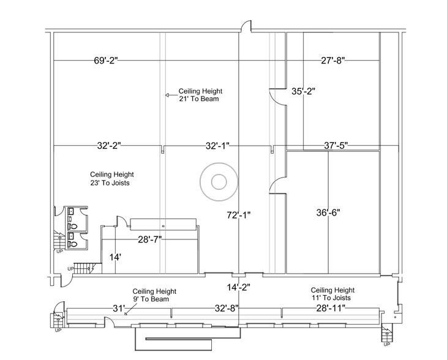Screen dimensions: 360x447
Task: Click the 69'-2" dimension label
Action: (x=105, y=60)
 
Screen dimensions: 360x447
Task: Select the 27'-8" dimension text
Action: (x=333, y=60)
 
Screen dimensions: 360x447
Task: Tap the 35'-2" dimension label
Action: (x=302, y=92)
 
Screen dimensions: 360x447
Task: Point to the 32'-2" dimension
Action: (x=109, y=146)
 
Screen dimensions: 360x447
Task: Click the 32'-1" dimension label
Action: (x=217, y=146)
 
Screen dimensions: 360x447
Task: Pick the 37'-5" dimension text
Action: (x=336, y=146)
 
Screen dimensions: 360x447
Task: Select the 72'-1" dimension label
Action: (x=239, y=215)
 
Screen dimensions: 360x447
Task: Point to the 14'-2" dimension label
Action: (x=238, y=286)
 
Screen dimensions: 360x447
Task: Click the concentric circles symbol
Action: (x=217, y=181)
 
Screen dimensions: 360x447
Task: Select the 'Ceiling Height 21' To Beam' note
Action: (x=198, y=95)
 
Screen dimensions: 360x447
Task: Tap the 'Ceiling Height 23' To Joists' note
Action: (x=111, y=178)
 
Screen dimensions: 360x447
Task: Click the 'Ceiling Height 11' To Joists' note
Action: (x=332, y=293)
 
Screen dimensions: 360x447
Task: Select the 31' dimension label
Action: (x=119, y=307)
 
